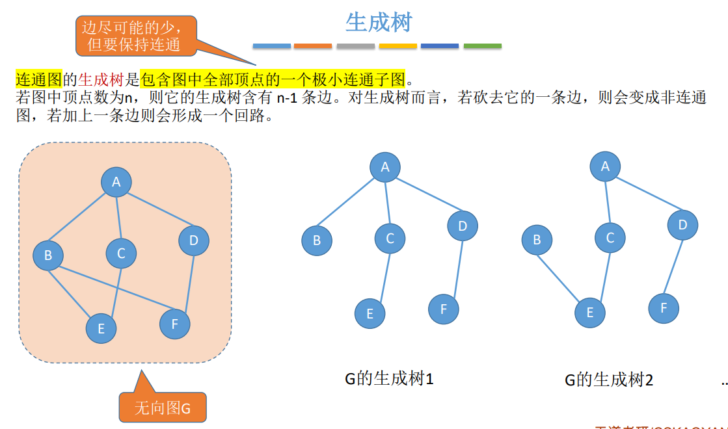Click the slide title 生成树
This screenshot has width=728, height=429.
pos(379,23)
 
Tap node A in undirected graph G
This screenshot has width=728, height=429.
pos(116,182)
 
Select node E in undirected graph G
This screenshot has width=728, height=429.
pos(101,328)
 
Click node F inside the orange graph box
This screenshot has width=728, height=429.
pos(174,324)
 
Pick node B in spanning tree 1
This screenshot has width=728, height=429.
pos(317,240)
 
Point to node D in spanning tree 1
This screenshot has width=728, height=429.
pos(463,226)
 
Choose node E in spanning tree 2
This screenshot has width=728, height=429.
pos(590,313)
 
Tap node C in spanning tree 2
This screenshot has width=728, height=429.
pos(610,238)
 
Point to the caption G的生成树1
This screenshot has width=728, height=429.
pos(389,378)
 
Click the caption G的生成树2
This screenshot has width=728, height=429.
pos(609,380)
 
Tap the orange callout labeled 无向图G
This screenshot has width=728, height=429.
pos(162,408)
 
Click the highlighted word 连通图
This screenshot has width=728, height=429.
pos(38,80)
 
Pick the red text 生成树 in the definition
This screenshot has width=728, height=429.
pos(101,80)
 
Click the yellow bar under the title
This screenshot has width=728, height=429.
pos(398,46)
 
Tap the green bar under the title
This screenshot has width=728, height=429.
pos(482,46)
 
